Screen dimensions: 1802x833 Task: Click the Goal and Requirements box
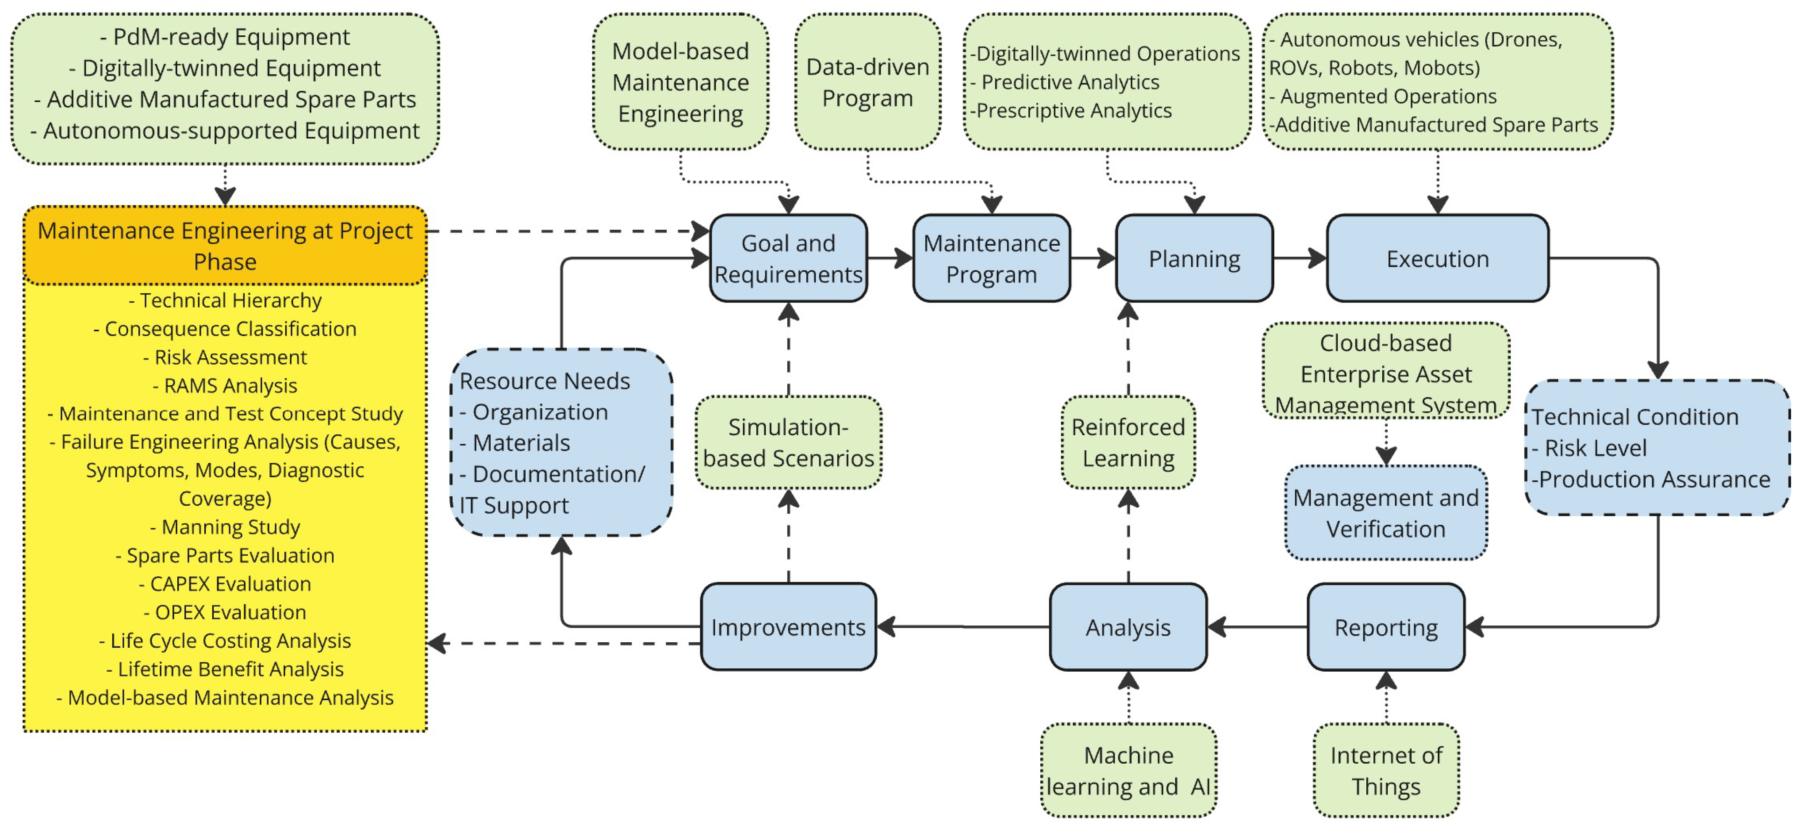[x=788, y=258]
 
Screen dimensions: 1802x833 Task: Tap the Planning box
[x=1194, y=258]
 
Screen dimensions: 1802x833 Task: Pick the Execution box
[x=1438, y=258]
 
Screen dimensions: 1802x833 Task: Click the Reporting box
[x=1386, y=627]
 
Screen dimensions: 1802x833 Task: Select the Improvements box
[x=788, y=627]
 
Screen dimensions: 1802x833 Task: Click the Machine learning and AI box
[x=1129, y=770]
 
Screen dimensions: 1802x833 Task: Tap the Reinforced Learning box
[x=1129, y=442]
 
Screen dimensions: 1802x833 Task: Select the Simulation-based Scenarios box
[x=788, y=442]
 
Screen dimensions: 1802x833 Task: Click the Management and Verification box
[x=1386, y=512]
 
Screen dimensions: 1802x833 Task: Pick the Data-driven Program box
[x=868, y=82]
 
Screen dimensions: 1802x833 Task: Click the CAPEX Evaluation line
[x=225, y=583]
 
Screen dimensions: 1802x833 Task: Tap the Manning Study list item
[x=225, y=527]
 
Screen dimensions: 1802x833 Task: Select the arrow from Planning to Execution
[x=1300, y=258]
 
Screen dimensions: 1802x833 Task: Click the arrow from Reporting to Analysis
[x=1257, y=627]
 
